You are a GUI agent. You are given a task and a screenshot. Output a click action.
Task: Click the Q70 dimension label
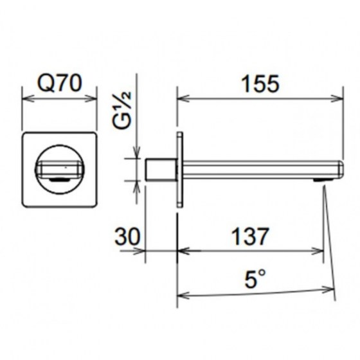[x=60, y=83]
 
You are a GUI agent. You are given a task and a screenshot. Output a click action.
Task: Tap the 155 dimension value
[x=260, y=84]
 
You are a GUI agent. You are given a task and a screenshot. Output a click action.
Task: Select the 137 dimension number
[x=250, y=237]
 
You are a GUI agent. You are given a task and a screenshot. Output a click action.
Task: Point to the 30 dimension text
[x=127, y=237]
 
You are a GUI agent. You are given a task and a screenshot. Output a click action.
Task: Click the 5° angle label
[x=255, y=278]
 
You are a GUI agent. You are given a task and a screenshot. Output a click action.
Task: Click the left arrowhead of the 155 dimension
[x=183, y=99]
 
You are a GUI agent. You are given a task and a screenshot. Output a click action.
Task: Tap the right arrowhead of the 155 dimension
[x=337, y=99]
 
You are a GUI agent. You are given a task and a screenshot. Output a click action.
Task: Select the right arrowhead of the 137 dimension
[x=318, y=251]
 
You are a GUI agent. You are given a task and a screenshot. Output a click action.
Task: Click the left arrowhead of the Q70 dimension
[x=28, y=99]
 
